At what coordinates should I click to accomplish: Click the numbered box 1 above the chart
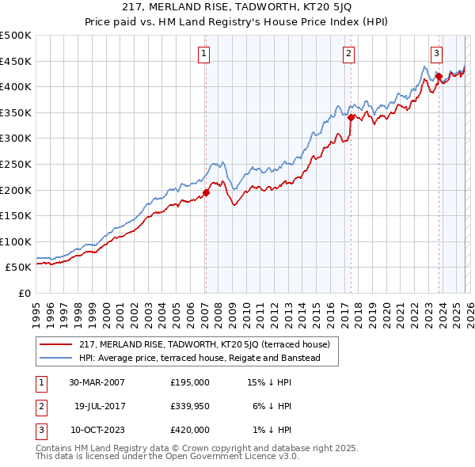[204, 54]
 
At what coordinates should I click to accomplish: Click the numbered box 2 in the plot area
[349, 54]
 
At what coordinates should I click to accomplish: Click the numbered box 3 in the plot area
[436, 54]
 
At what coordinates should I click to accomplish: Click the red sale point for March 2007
[206, 192]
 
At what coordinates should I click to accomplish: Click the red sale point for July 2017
[350, 117]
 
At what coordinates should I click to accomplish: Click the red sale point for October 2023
[438, 76]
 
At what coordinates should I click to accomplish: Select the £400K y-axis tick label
[16, 86]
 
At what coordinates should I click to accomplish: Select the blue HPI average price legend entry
[199, 358]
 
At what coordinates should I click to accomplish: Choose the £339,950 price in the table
[190, 406]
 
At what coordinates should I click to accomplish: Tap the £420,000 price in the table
[190, 430]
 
